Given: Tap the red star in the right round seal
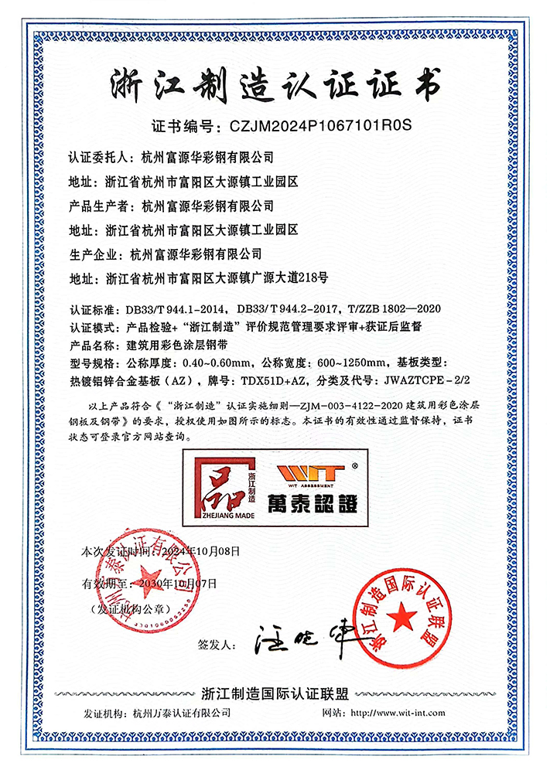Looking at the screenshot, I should pyautogui.click(x=401, y=617).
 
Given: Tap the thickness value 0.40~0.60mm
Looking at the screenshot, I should pyautogui.click(x=214, y=361).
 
